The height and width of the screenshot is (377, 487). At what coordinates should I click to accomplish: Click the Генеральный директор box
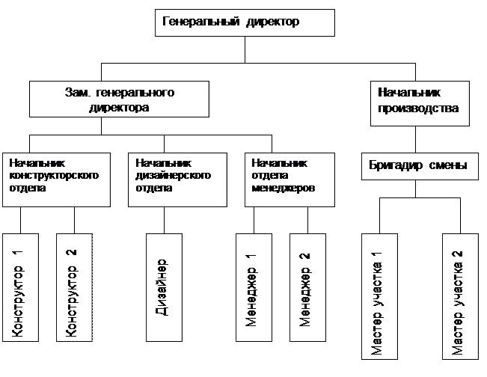point(245,22)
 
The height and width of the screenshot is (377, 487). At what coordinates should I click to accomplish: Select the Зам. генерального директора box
point(119,99)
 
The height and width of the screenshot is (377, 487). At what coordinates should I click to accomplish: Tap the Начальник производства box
point(420,104)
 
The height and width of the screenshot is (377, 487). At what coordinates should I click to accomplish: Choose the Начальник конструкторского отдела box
point(57,180)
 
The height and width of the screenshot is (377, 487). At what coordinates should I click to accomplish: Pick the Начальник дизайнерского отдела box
point(179,180)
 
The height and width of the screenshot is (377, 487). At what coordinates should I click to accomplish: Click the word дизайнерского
point(173,176)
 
